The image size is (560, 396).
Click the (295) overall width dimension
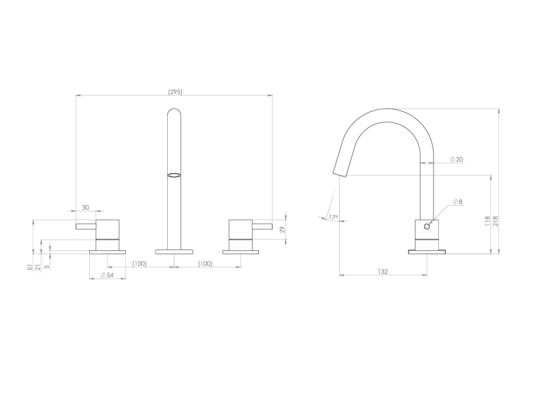[175, 92]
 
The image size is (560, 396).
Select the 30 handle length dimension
[86, 207]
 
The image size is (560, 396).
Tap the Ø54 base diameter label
[107, 275]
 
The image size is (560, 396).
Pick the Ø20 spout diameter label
[456, 159]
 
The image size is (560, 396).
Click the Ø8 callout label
[458, 202]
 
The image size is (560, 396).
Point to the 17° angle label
[333, 217]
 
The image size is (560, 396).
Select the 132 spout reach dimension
[383, 272]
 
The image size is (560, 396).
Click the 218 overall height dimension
[495, 221]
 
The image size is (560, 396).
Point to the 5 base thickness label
[47, 267]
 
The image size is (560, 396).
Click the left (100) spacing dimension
[140, 264]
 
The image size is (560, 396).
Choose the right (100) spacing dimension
[205, 264]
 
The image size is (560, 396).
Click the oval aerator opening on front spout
[174, 175]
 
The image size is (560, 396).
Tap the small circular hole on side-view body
[427, 226]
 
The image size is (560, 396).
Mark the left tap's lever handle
[86, 227]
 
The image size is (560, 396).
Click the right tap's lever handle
[262, 227]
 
